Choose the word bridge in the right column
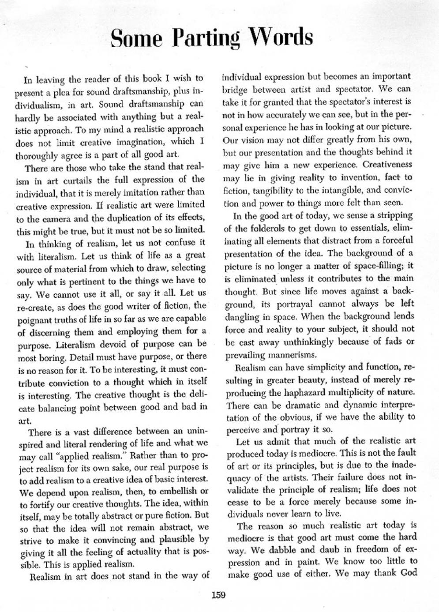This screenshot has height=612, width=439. [x=236, y=89]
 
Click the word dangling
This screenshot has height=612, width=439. [x=242, y=316]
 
